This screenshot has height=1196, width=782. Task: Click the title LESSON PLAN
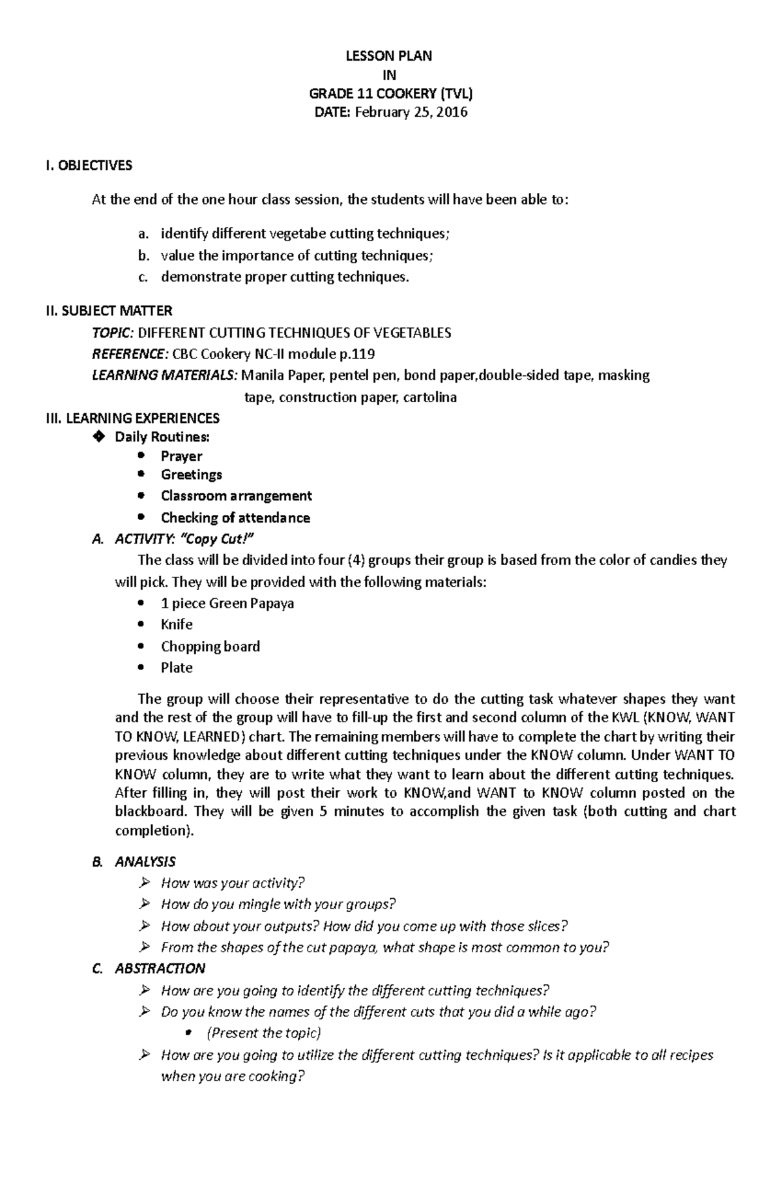coord(388,56)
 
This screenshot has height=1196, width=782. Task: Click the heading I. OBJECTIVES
coord(89,166)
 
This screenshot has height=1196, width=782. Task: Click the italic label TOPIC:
coord(112,333)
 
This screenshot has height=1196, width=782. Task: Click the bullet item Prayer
coord(181,456)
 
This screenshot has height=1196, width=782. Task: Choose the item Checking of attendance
coord(235,518)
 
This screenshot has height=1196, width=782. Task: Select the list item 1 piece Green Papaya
coord(227,604)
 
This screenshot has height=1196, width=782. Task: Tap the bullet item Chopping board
coord(210,647)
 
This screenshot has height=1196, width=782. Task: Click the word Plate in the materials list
coord(177,668)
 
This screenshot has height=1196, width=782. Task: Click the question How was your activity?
coord(232,883)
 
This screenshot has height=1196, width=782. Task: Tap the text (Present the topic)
coord(263,1033)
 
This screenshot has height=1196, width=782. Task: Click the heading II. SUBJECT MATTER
coord(109,311)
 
